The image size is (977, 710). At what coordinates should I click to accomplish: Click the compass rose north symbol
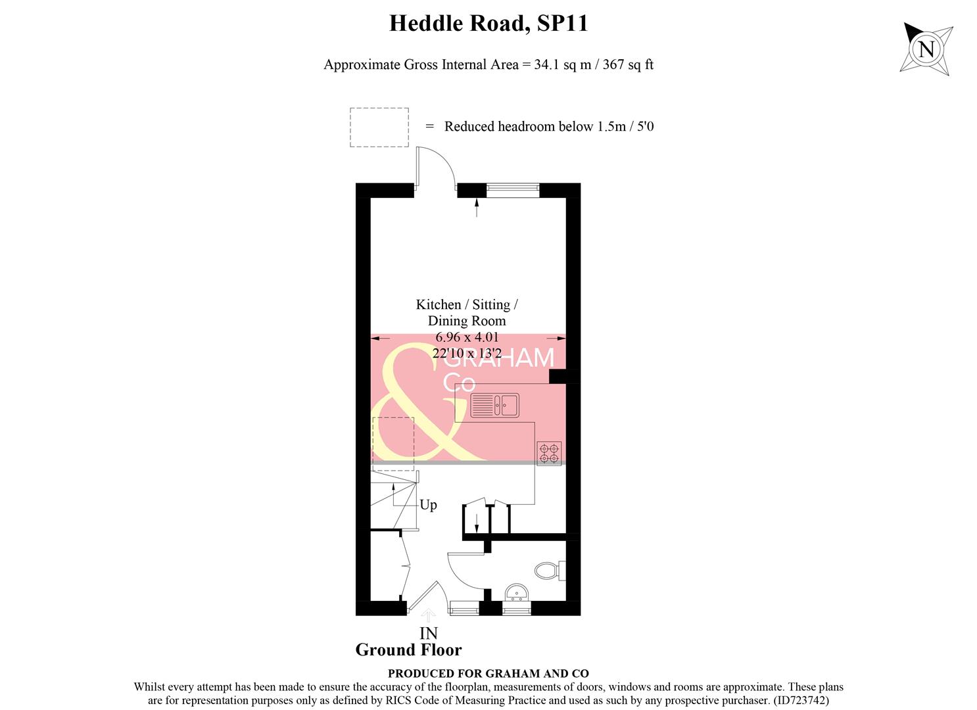click(x=926, y=49)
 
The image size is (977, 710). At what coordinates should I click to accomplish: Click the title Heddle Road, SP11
click(x=488, y=24)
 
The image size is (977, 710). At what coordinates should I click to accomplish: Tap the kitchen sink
click(x=494, y=405)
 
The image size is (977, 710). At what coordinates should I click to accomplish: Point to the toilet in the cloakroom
click(x=547, y=569)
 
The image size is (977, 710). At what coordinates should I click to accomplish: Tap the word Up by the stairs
click(x=428, y=505)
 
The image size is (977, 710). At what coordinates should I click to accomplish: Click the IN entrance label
click(x=428, y=633)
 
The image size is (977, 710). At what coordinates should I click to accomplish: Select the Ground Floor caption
click(x=408, y=650)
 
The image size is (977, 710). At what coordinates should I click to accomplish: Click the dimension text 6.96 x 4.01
click(x=466, y=337)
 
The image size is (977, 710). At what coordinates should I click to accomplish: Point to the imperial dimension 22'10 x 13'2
click(x=466, y=353)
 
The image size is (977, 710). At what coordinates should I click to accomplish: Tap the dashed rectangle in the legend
click(x=379, y=128)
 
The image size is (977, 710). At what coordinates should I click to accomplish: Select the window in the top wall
click(x=512, y=189)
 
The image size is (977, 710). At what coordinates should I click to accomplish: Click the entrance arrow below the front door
click(x=428, y=615)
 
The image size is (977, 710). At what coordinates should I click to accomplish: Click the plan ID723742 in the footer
click(x=801, y=701)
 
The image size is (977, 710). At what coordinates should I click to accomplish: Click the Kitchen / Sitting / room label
click(x=466, y=305)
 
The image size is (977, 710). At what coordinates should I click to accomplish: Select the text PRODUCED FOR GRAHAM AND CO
click(x=488, y=673)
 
